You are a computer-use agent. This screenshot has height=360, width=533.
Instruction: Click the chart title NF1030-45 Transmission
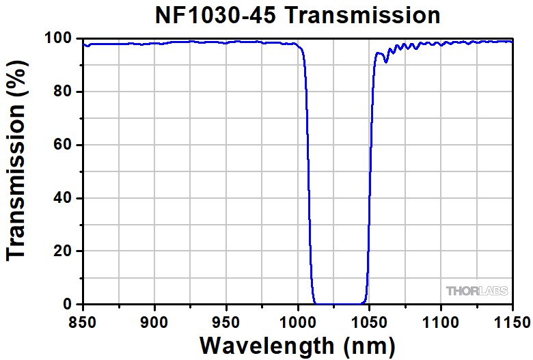tap(297, 15)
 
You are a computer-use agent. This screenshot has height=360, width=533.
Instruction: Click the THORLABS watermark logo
tap(478, 291)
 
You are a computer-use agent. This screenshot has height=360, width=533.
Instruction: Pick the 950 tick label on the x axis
tap(225, 320)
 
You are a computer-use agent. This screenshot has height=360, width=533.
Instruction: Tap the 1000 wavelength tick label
tap(297, 320)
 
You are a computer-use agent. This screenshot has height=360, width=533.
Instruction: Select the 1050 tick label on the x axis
tap(369, 320)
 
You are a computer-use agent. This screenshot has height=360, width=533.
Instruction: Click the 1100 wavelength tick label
tap(440, 320)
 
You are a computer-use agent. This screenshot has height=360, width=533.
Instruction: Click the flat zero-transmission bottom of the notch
tap(338, 303)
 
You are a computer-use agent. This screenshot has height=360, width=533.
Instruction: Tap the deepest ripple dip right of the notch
tap(386, 62)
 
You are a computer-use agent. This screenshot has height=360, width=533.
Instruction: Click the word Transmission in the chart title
tap(361, 15)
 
